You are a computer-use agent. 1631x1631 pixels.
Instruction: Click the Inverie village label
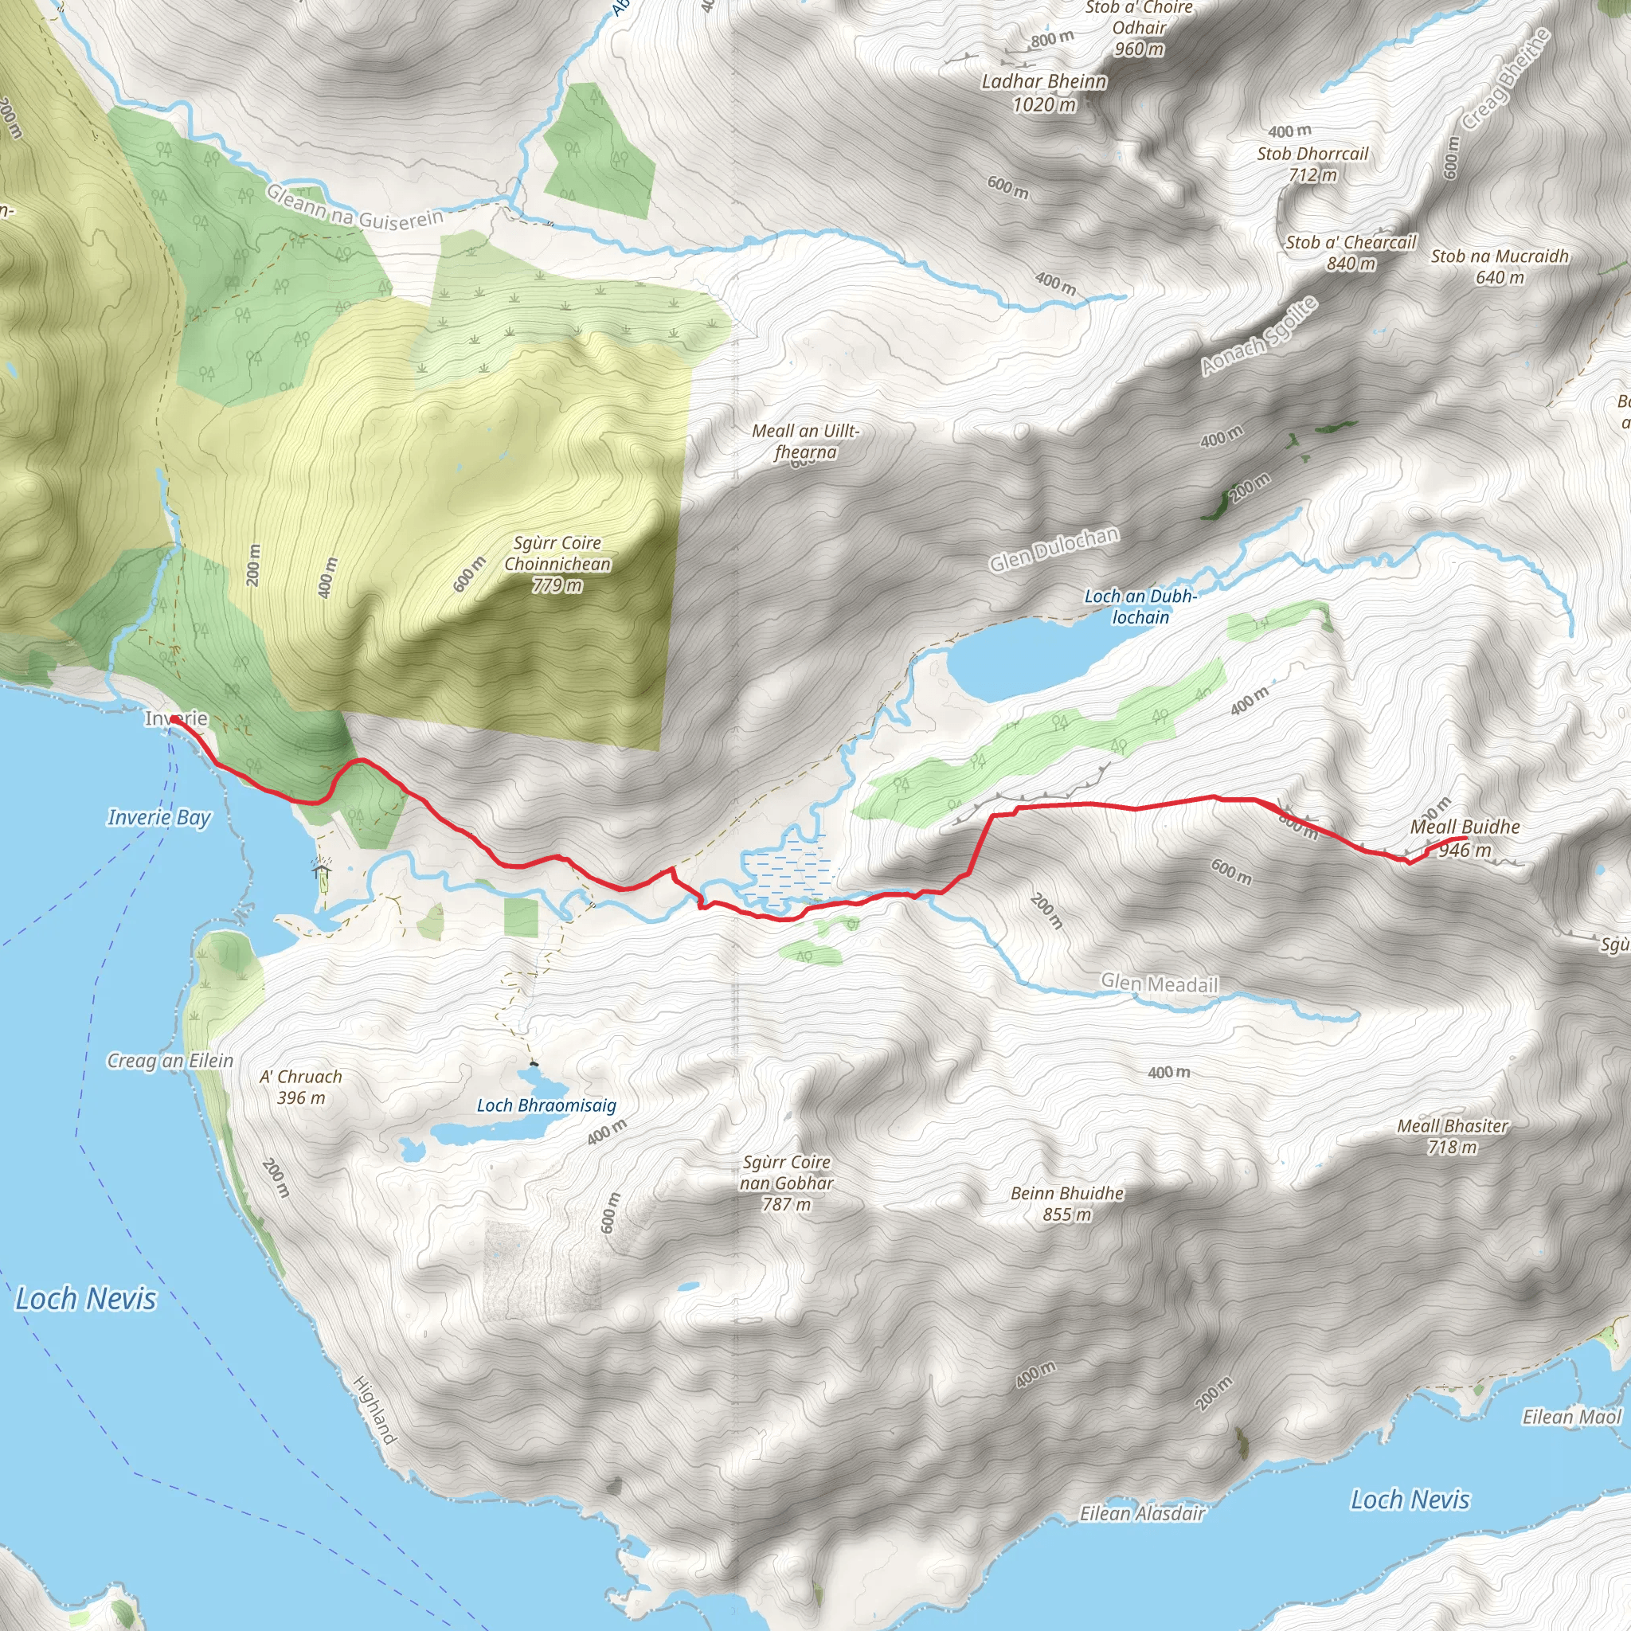pyautogui.click(x=177, y=718)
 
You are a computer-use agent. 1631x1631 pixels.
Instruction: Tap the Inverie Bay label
pyautogui.click(x=158, y=817)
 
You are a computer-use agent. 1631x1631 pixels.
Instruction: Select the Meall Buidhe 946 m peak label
pyautogui.click(x=1465, y=839)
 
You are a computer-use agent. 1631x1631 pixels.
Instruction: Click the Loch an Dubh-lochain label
pyautogui.click(x=1140, y=606)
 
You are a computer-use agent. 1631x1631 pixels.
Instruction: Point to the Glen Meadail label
pyautogui.click(x=1159, y=984)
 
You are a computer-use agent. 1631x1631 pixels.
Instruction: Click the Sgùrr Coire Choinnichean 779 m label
pyautogui.click(x=557, y=563)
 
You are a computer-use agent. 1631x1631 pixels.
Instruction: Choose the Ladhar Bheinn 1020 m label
pyautogui.click(x=1044, y=93)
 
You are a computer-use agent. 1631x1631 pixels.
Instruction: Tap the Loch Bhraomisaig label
pyautogui.click(x=546, y=1105)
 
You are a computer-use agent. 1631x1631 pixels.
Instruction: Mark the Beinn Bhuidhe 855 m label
pyautogui.click(x=1067, y=1204)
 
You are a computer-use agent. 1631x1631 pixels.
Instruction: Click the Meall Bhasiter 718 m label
pyautogui.click(x=1452, y=1136)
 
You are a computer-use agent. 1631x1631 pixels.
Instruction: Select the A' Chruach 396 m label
pyautogui.click(x=301, y=1086)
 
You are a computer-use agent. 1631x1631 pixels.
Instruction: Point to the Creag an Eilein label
pyautogui.click(x=170, y=1060)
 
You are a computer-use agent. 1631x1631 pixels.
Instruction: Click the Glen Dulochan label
pyautogui.click(x=1054, y=550)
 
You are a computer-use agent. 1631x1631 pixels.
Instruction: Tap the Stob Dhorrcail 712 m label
pyautogui.click(x=1312, y=164)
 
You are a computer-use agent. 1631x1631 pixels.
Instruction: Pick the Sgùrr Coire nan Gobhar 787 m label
pyautogui.click(x=787, y=1183)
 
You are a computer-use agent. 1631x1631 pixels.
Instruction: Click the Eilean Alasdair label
pyautogui.click(x=1141, y=1514)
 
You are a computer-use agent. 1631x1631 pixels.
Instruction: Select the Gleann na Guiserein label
pyautogui.click(x=354, y=208)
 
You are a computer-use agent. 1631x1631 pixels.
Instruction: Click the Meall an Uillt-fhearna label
pyautogui.click(x=806, y=441)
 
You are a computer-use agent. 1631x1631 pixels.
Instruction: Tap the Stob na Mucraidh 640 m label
pyautogui.click(x=1500, y=266)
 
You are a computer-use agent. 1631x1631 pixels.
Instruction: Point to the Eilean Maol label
pyautogui.click(x=1571, y=1417)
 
